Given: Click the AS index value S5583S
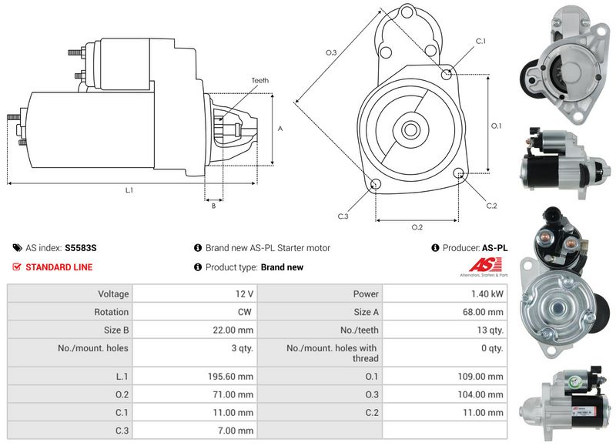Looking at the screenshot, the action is click(x=81, y=248).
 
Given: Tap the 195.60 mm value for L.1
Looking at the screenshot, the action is click(x=230, y=377).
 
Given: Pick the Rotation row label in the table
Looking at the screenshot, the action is click(x=111, y=312).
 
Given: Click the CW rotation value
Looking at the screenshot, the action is click(x=244, y=312).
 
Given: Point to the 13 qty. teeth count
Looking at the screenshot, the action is click(x=490, y=330).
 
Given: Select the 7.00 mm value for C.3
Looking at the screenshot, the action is click(x=236, y=431).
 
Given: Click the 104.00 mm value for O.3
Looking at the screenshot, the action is click(x=480, y=394).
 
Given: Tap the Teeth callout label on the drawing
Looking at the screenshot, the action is click(x=260, y=81).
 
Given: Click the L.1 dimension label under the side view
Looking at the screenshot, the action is click(x=129, y=190).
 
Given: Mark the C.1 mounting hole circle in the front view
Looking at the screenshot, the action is click(x=447, y=74).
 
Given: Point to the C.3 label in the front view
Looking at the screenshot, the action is click(x=343, y=216).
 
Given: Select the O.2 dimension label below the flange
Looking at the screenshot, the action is click(x=417, y=227).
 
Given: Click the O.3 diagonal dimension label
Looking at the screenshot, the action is click(x=331, y=52).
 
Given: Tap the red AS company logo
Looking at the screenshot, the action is click(x=486, y=265).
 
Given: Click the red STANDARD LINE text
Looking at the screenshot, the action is click(x=59, y=267).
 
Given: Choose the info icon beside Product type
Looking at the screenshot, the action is click(x=198, y=267).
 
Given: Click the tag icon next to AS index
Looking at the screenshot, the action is click(x=17, y=248).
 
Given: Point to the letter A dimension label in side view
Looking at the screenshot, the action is click(x=280, y=129).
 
